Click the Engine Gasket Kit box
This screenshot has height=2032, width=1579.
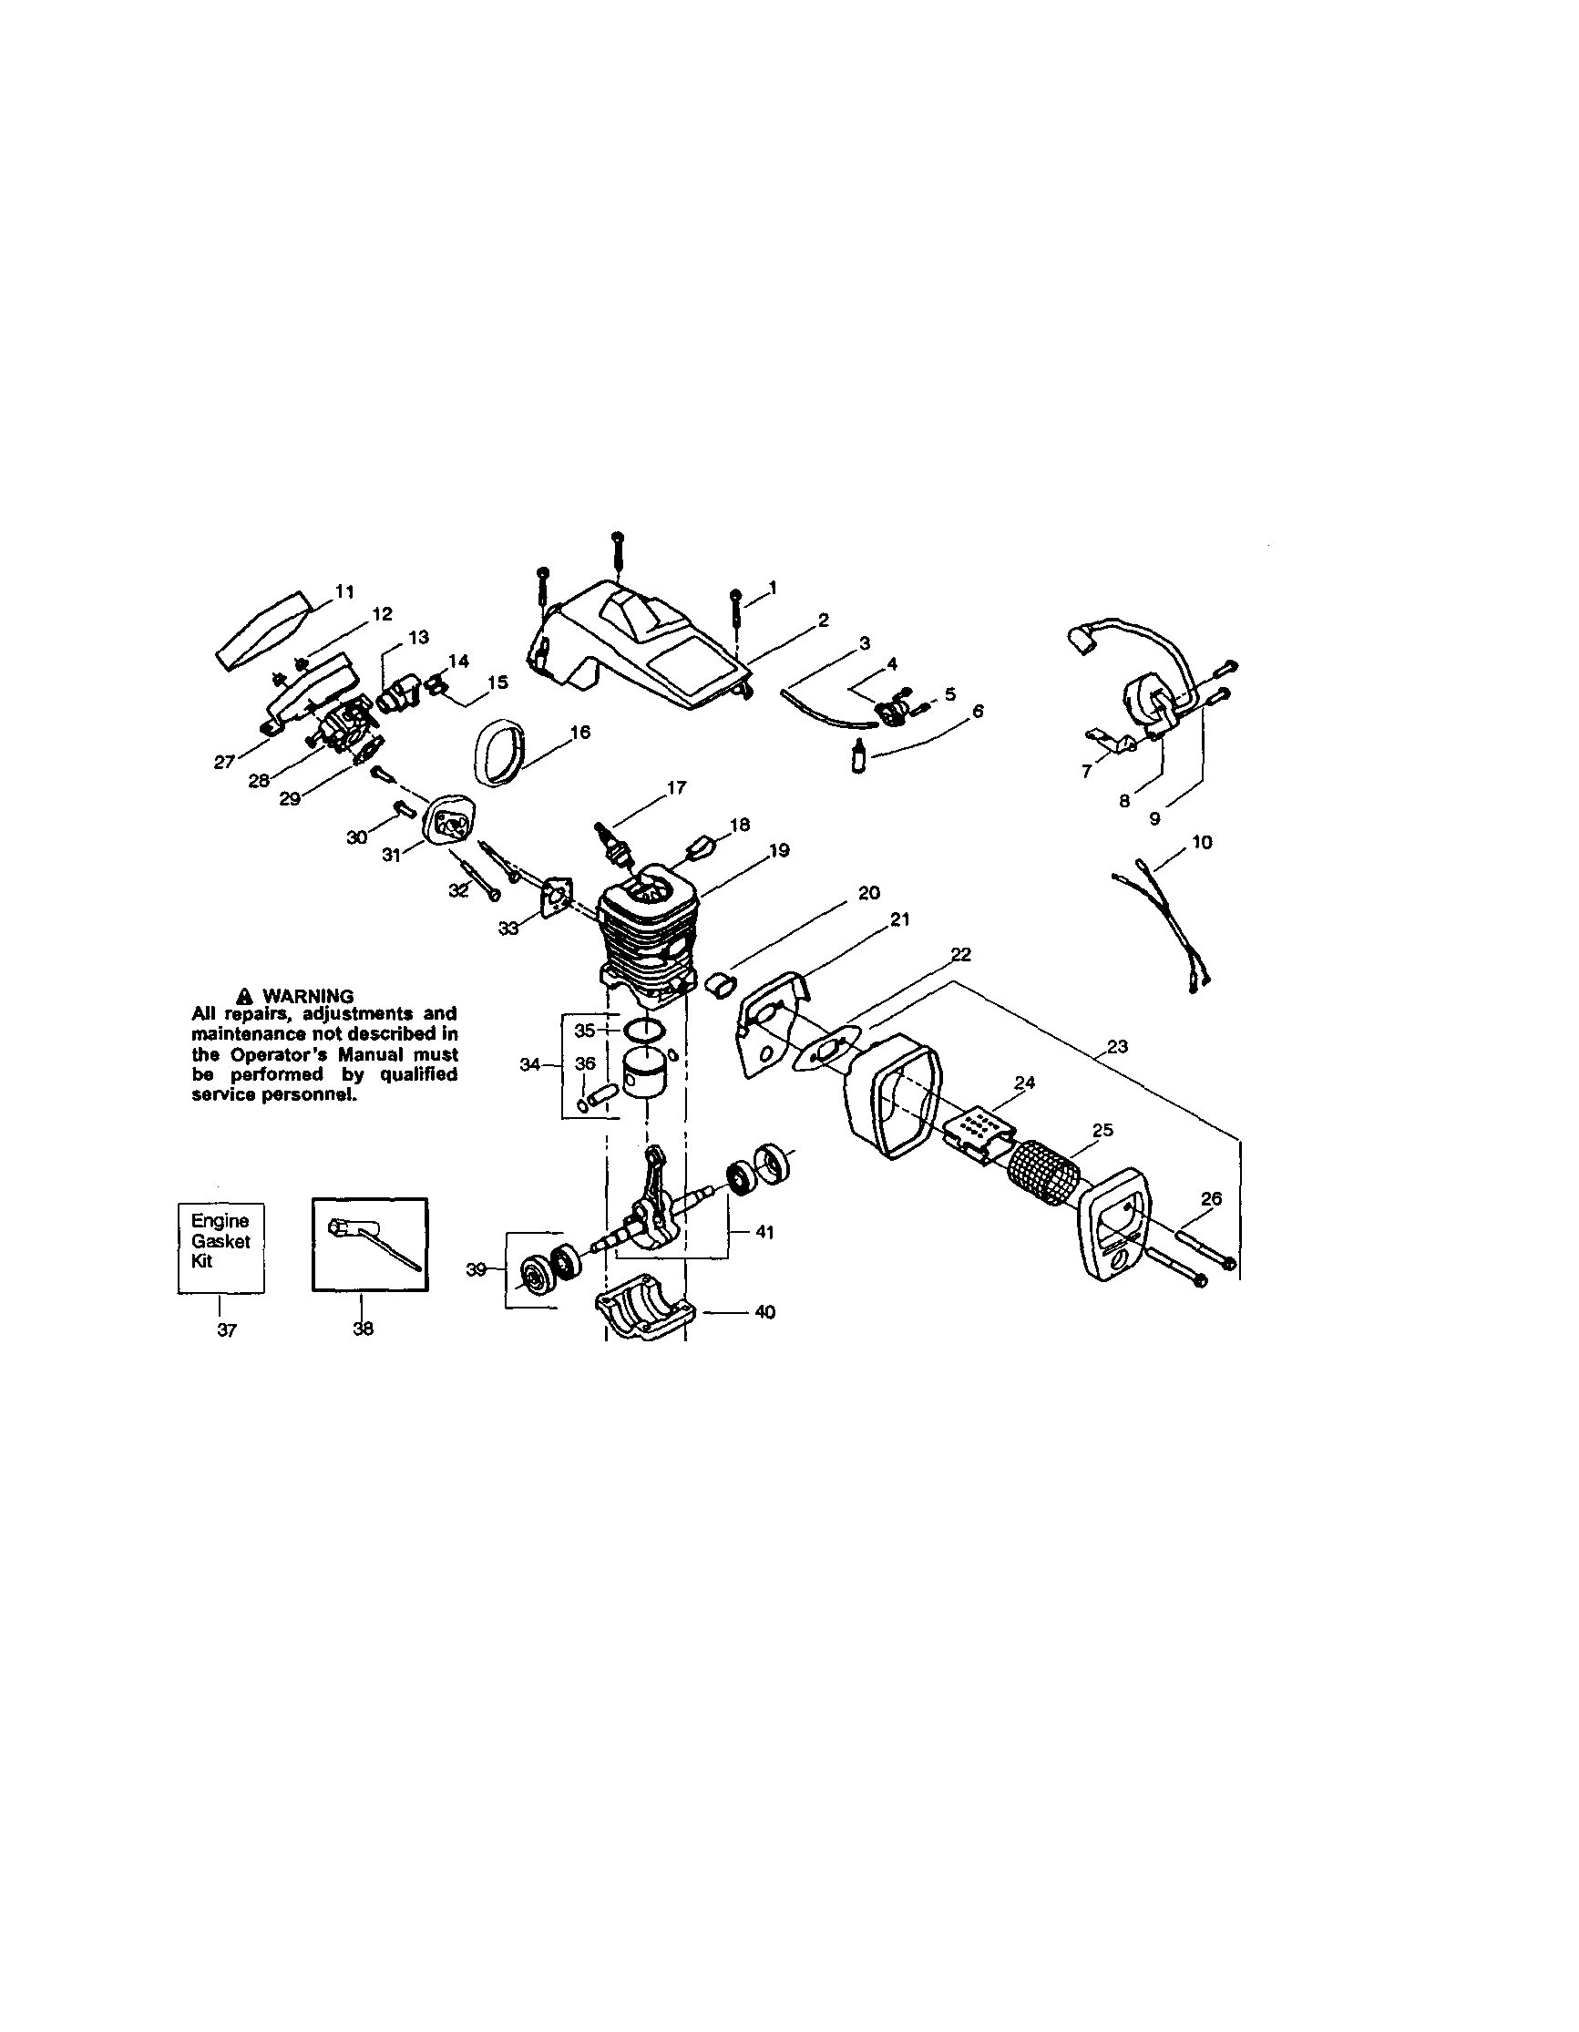pos(220,1246)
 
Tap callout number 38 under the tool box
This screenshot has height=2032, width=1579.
pos(363,1329)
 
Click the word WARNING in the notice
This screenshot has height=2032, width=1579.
pos(307,996)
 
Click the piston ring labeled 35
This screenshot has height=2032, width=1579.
pos(641,1030)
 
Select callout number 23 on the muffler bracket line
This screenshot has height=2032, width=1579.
pos(1117,1047)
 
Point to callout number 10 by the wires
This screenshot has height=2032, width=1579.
pos(1201,842)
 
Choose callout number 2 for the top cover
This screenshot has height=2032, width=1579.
pos(823,620)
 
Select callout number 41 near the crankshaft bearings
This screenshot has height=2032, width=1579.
pos(764,1232)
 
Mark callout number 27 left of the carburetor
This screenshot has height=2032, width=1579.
pos(224,762)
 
